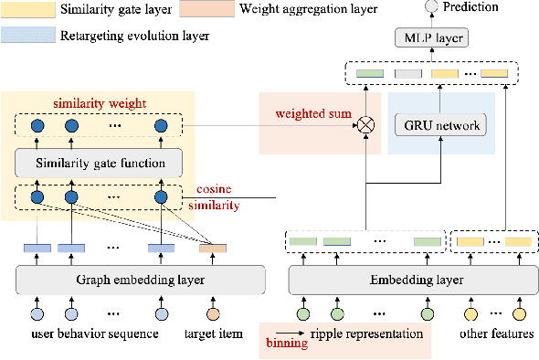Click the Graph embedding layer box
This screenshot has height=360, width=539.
pos(140,280)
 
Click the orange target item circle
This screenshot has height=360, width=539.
pos(213,314)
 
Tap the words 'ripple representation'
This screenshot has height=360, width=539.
pos(364,334)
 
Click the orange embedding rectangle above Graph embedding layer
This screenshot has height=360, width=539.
pos(213,248)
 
